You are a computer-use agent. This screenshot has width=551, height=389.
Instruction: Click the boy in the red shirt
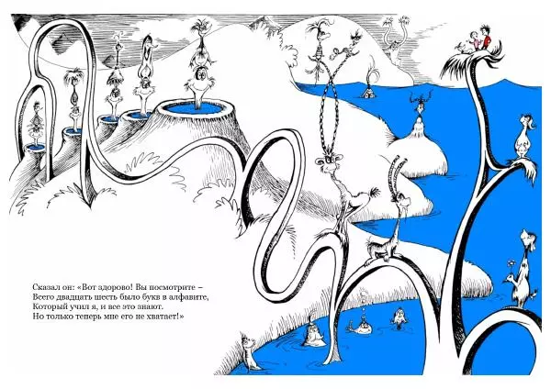click(486, 38)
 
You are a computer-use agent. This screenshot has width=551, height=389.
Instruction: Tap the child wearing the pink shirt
click(475, 40)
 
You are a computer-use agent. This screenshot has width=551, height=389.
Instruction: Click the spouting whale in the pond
click(360, 328)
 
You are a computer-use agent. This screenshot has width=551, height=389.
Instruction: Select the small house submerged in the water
click(368, 93)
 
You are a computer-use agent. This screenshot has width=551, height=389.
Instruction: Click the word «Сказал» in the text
click(45, 287)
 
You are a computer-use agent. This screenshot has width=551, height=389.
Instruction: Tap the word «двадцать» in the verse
click(67, 297)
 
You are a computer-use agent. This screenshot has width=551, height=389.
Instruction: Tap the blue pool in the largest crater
click(195, 107)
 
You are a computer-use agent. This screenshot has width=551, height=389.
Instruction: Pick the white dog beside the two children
click(464, 48)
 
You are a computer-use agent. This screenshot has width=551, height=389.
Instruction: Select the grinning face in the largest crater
click(200, 75)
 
